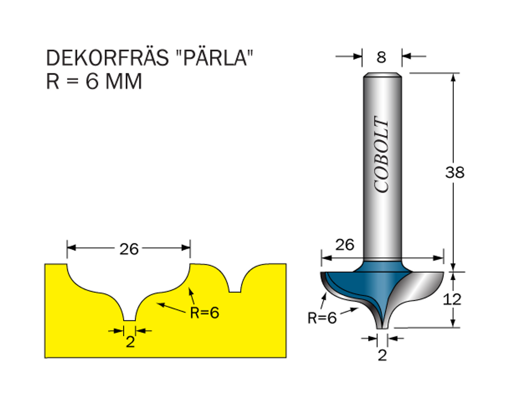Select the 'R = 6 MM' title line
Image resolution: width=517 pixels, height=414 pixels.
click(94, 81)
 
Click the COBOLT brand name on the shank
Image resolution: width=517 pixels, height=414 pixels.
click(382, 154)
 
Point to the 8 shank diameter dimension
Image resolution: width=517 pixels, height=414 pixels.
click(382, 57)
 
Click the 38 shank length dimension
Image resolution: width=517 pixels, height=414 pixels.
click(454, 172)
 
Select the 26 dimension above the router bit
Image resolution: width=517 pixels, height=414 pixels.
click(345, 245)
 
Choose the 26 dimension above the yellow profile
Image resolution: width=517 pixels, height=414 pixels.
click(129, 249)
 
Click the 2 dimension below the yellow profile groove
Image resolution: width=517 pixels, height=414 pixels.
click(130, 342)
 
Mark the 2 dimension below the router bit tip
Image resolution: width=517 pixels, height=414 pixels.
click(382, 355)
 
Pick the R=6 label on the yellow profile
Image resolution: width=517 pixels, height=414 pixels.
click(204, 313)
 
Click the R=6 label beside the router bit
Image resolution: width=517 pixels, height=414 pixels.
click(322, 318)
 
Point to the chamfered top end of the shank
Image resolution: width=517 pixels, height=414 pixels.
click(383, 76)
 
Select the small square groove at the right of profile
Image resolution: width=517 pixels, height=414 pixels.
click(234, 289)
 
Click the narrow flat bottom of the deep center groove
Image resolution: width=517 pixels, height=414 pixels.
click(130, 319)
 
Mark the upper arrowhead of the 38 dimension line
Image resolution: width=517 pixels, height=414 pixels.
click(453, 77)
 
